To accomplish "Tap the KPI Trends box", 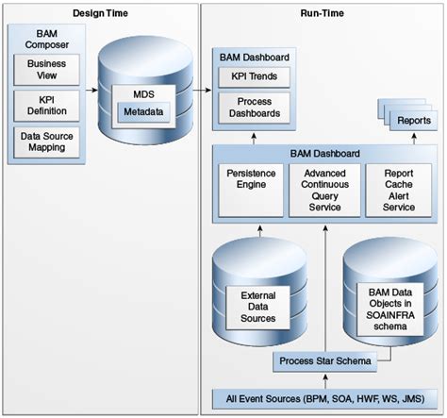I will coord(252,77).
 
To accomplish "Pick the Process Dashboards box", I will coord(252,107).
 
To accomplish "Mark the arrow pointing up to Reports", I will coord(402,138).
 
